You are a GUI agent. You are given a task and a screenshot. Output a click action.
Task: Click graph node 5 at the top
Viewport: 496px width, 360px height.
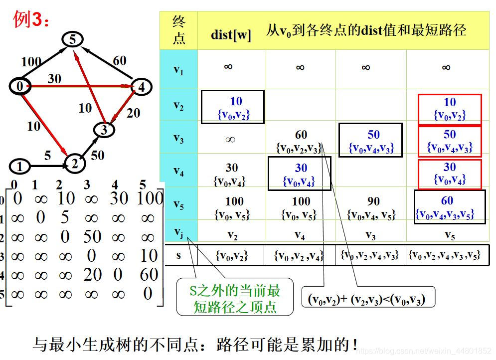point(72,39)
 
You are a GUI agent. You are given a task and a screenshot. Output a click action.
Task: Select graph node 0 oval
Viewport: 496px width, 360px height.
point(20,86)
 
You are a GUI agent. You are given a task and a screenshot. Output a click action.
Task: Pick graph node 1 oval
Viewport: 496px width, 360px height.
point(20,166)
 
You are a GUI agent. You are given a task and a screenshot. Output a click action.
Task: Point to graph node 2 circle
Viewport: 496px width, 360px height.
point(74,164)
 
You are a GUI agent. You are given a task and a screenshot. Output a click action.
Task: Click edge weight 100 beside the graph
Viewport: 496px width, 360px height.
point(31,62)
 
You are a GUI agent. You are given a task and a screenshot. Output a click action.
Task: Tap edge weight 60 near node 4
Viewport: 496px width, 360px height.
point(120,61)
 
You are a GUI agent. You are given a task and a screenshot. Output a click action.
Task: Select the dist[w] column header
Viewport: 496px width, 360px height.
point(231,35)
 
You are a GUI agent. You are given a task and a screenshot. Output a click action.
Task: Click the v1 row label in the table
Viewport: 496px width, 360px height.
point(178,70)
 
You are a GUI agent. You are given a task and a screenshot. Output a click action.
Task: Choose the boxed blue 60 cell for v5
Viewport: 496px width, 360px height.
point(449,207)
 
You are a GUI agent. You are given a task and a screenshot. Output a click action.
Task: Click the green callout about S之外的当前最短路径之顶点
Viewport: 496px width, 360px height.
point(235,298)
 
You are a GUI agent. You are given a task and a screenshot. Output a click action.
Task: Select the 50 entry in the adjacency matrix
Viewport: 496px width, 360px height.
point(92,236)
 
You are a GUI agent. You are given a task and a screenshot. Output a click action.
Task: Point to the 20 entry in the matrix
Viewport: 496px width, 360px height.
point(92,274)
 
